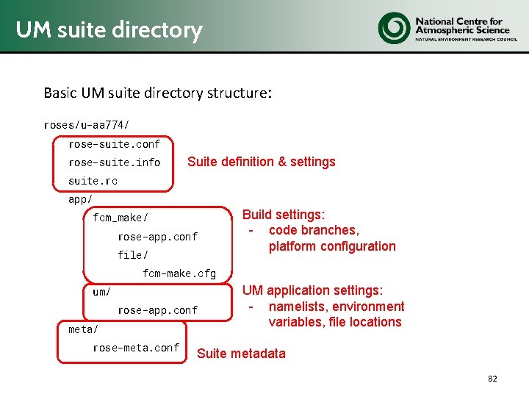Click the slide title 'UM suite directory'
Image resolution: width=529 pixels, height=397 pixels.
(x=109, y=30)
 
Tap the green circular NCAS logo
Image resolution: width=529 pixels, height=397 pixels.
(x=394, y=28)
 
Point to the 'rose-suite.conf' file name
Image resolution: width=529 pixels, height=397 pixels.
(x=114, y=144)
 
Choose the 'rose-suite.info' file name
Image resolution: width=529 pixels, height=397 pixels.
(x=114, y=162)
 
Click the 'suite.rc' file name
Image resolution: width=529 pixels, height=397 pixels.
(x=93, y=181)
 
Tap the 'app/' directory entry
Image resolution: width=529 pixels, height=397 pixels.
(x=80, y=199)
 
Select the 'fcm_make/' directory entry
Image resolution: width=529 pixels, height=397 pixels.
(x=120, y=218)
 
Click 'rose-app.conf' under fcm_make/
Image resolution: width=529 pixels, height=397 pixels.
(x=157, y=237)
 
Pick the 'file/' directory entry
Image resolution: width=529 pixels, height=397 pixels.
(x=132, y=255)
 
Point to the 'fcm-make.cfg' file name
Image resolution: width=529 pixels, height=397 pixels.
(x=179, y=273)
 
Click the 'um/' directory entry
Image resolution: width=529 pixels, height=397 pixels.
(x=101, y=292)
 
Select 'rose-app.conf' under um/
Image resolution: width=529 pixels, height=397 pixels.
(x=157, y=310)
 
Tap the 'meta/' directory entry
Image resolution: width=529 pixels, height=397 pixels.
(x=83, y=329)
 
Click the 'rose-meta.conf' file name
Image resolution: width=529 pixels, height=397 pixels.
(x=136, y=348)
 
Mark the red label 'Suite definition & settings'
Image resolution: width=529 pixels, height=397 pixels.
(x=261, y=162)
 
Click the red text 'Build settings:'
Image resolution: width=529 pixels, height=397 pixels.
(x=284, y=215)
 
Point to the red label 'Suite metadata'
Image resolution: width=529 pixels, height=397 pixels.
(x=241, y=354)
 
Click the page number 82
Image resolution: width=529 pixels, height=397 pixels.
(x=492, y=379)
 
